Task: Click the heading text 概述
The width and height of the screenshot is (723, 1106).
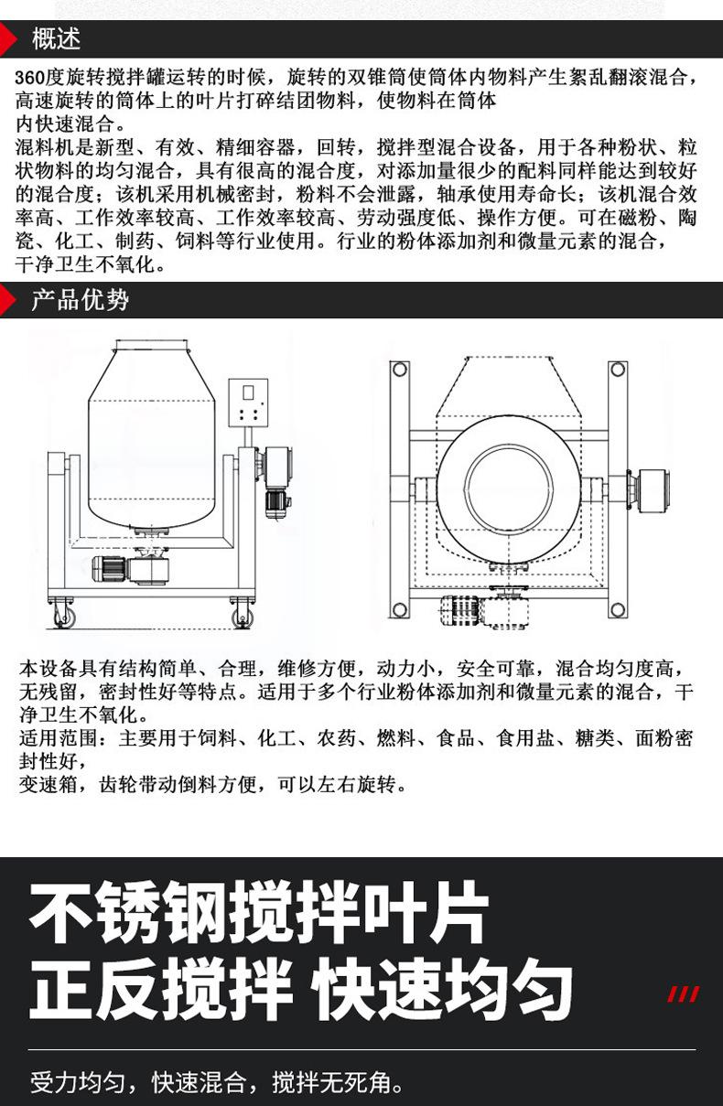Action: pyautogui.click(x=56, y=39)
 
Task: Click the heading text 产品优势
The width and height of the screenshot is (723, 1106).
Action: pyautogui.click(x=80, y=300)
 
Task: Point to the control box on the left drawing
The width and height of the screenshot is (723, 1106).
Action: pyautogui.click(x=250, y=404)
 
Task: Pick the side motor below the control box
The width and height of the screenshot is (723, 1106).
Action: pyautogui.click(x=275, y=499)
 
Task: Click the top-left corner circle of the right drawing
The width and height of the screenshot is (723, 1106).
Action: pyautogui.click(x=399, y=369)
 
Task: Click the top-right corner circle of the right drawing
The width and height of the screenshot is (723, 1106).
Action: pyautogui.click(x=618, y=369)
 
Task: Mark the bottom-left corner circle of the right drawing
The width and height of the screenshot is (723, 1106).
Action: pyautogui.click(x=399, y=608)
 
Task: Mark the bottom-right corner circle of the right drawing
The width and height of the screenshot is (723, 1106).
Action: pyautogui.click(x=618, y=608)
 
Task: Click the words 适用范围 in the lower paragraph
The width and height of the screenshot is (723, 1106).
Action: pyautogui.click(x=57, y=737)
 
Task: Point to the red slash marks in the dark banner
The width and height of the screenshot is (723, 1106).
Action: pyautogui.click(x=683, y=994)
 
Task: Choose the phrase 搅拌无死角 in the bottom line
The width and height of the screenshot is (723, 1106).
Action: pyautogui.click(x=338, y=1083)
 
